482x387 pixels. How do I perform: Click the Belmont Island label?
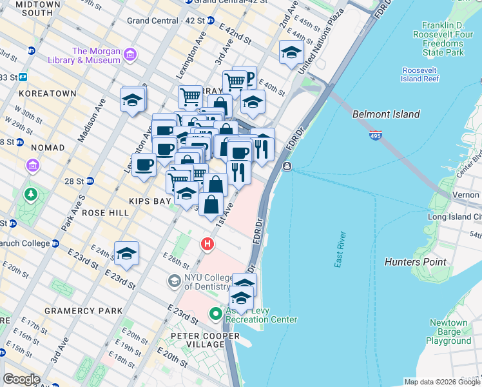[x=386, y=114]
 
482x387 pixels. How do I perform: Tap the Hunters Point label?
[x=415, y=262]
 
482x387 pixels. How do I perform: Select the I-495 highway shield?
[x=376, y=137]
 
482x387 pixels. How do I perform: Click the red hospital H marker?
[x=207, y=244]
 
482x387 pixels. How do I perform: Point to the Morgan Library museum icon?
[x=131, y=54]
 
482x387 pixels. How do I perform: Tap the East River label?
[x=340, y=248]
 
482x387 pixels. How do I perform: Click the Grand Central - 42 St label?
[x=166, y=21]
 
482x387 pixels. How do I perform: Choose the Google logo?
[x=22, y=379]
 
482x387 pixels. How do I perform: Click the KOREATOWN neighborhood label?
[x=48, y=94]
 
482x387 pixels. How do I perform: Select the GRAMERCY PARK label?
[x=83, y=311]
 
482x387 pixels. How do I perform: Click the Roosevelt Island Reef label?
[x=420, y=74]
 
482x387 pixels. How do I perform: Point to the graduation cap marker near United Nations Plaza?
[x=291, y=52]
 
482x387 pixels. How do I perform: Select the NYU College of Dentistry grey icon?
[x=173, y=281]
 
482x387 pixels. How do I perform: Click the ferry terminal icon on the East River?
[x=287, y=166]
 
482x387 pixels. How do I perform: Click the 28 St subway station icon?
[x=90, y=181]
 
